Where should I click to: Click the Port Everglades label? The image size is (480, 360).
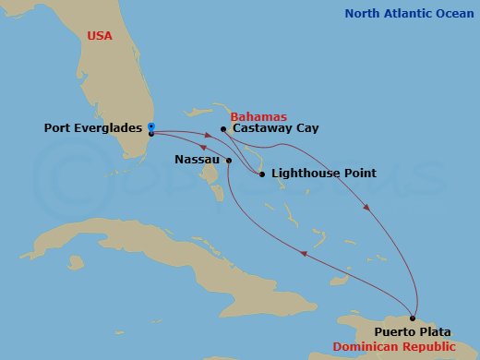(x=94, y=129)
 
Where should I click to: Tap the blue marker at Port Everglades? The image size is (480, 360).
(x=150, y=126)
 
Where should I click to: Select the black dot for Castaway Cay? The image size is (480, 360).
(x=223, y=129)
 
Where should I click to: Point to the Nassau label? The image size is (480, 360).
(x=197, y=160)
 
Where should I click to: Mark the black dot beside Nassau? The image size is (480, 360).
(x=228, y=160)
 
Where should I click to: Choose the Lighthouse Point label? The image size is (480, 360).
(x=316, y=174)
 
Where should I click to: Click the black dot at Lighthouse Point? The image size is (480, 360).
(x=262, y=174)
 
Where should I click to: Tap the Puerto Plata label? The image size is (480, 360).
(x=414, y=330)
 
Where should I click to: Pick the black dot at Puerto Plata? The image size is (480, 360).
(x=413, y=317)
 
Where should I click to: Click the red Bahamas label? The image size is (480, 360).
(x=258, y=116)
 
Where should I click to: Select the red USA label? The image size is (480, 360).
(x=101, y=35)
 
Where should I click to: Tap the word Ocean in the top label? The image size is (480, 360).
(x=455, y=13)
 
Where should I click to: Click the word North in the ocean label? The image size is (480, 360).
(x=364, y=13)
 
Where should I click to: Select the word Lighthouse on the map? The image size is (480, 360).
(x=297, y=174)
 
